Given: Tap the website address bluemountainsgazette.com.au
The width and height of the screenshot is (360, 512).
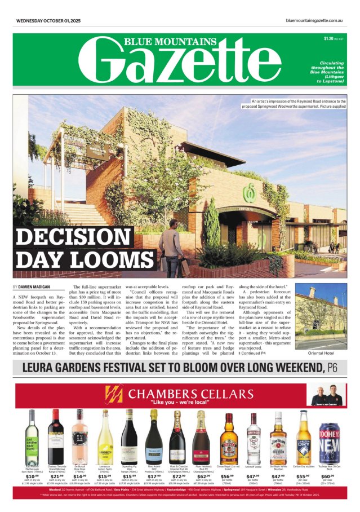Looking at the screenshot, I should pyautogui.click(x=314, y=21).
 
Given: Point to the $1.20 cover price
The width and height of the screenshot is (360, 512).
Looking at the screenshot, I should pyautogui.click(x=328, y=39).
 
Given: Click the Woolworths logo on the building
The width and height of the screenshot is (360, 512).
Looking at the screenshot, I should pyautogui.click(x=246, y=193).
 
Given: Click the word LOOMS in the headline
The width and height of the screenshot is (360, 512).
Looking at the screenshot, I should pyautogui.click(x=110, y=261).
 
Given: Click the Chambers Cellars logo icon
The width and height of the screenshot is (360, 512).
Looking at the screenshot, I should pyautogui.click(x=115, y=394).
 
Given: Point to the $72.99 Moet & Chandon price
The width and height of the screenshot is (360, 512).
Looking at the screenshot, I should pyautogui.click(x=178, y=476).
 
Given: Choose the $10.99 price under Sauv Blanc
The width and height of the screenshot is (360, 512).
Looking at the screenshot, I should pyautogui.click(x=32, y=476).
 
